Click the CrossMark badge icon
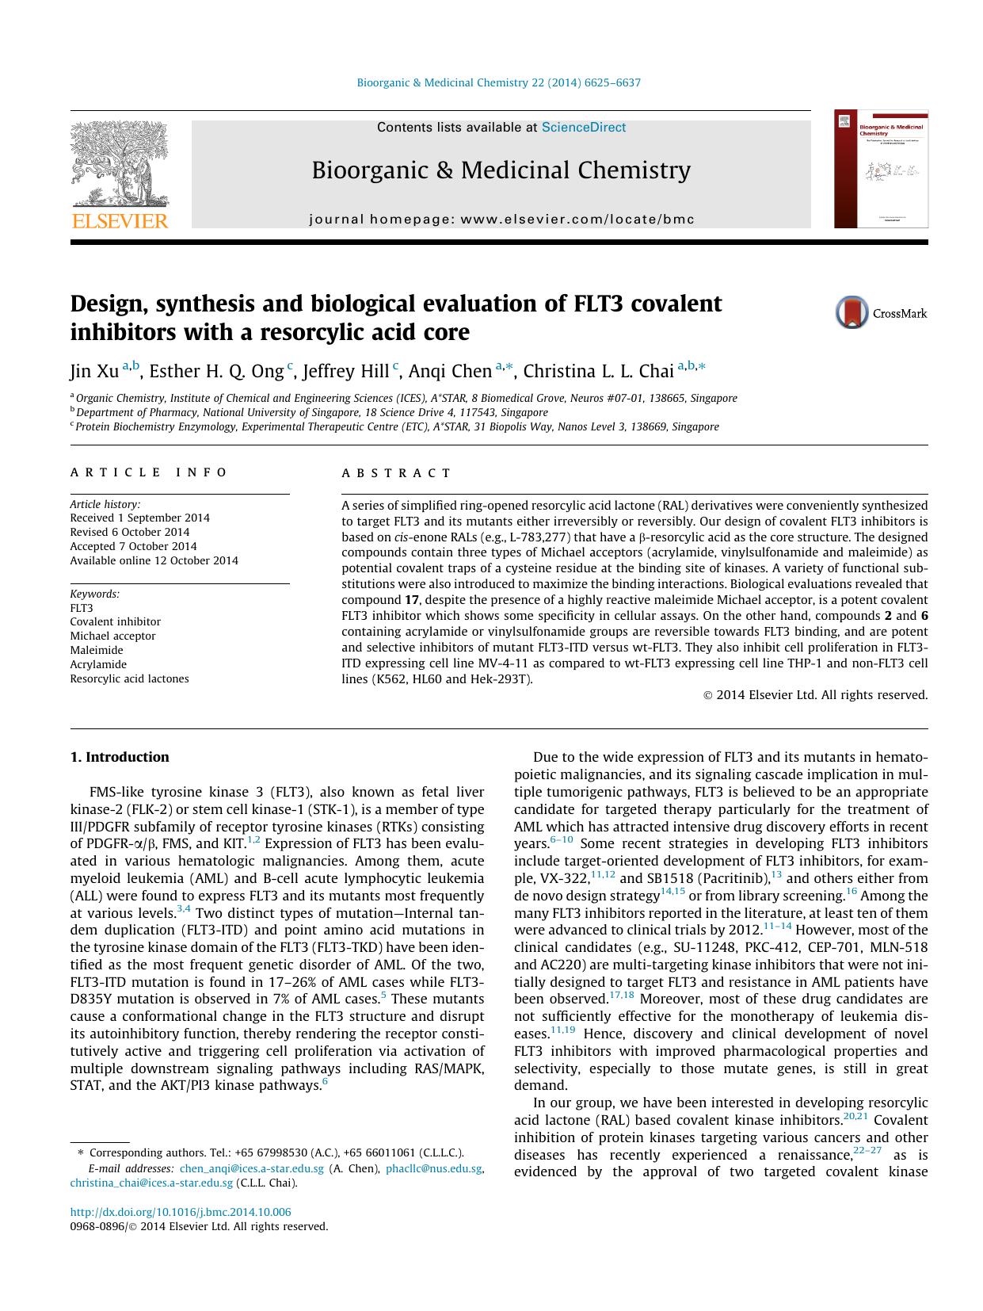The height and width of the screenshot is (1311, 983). pyautogui.click(x=852, y=313)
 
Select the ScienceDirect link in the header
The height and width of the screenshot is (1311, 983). pyautogui.click(x=583, y=128)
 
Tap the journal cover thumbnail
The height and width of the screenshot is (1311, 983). pyautogui.click(x=881, y=170)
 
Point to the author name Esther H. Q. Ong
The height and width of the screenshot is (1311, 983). pyautogui.click(x=216, y=372)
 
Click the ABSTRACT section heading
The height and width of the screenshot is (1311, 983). pyautogui.click(x=396, y=473)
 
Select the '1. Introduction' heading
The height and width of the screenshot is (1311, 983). pyautogui.click(x=120, y=757)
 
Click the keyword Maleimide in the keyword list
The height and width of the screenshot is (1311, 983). pyautogui.click(x=97, y=650)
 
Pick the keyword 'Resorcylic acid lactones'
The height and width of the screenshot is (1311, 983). pyautogui.click(x=129, y=678)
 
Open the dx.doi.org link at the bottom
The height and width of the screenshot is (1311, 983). pyautogui.click(x=181, y=1212)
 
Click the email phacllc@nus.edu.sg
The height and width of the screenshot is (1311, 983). pyautogui.click(x=433, y=1169)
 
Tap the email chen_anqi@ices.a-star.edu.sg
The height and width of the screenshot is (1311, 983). pyautogui.click(x=251, y=1169)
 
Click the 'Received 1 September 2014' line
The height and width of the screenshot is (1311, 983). pyautogui.click(x=139, y=518)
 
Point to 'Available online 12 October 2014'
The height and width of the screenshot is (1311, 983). pyautogui.click(x=154, y=560)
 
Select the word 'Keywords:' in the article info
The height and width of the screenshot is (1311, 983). pyautogui.click(x=95, y=594)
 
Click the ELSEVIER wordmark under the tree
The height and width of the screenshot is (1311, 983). pyautogui.click(x=120, y=220)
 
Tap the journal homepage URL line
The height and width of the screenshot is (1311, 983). pyautogui.click(x=501, y=220)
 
